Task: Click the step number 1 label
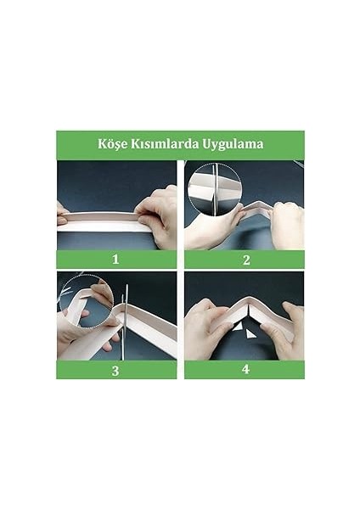(116, 259)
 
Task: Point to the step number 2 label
(245, 259)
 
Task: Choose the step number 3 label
(116, 370)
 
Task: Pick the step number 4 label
(245, 370)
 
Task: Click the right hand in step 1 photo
(158, 216)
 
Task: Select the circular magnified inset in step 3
(84, 299)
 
